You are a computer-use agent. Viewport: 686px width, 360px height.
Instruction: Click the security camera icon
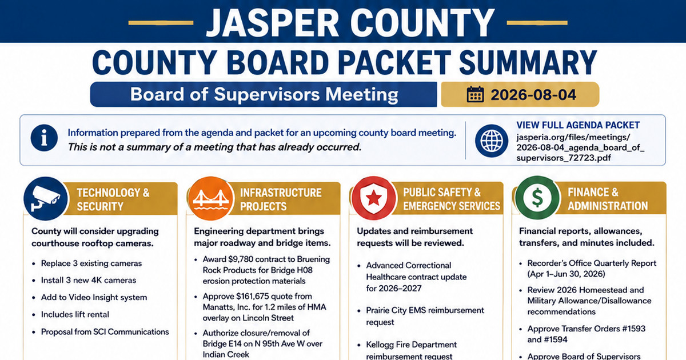tap(46, 199)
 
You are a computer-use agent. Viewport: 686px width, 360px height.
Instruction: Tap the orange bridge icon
tap(210, 199)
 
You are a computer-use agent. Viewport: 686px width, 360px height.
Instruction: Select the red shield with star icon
tap(374, 198)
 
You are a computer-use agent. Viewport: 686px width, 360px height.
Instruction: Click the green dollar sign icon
tap(537, 198)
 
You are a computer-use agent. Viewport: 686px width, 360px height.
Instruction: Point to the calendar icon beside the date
tap(475, 94)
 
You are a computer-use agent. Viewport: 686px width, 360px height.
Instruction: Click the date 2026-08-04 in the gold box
tap(533, 95)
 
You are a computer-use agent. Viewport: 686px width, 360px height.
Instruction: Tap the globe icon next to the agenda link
tap(492, 141)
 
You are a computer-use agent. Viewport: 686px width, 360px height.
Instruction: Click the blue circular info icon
tap(44, 138)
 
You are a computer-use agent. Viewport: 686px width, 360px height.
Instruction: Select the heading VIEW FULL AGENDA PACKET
tap(578, 125)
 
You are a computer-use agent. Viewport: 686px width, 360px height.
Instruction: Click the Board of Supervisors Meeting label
tap(264, 94)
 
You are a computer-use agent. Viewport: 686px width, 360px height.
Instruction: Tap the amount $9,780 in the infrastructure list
tap(241, 259)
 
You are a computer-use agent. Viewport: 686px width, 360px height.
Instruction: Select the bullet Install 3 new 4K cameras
tap(89, 281)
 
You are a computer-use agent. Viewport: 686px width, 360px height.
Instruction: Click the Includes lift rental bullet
tap(75, 315)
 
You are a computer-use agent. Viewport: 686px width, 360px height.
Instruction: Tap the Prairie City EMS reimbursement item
tap(425, 316)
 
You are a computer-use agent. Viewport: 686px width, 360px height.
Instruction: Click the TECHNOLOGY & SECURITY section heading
tap(113, 199)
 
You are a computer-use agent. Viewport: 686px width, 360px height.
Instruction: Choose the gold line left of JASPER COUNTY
tap(161, 23)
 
